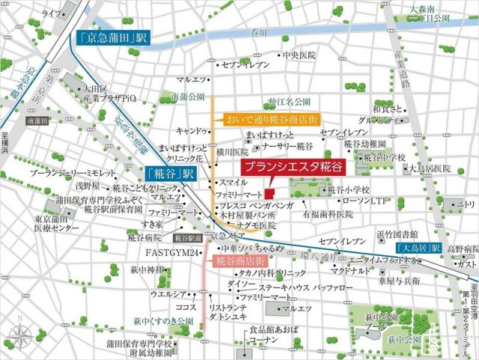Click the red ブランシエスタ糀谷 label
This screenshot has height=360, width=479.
[x=285, y=168]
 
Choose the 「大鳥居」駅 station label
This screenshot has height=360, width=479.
[x=417, y=248]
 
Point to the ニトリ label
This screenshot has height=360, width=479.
[x=465, y=204]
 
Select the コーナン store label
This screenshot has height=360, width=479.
[x=263, y=339]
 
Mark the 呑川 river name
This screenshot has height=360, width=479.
[x=260, y=33]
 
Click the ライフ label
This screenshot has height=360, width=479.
[x=52, y=14]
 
